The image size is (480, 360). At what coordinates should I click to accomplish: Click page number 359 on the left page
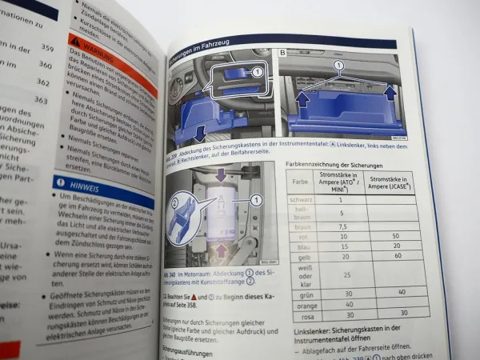[x=47, y=48]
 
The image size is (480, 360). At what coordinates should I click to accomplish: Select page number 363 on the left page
[x=41, y=101]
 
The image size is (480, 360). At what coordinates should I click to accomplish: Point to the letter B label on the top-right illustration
[x=283, y=54]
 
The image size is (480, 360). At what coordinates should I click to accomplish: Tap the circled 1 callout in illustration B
[x=338, y=64]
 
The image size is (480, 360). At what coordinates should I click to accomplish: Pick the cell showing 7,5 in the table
[x=342, y=226]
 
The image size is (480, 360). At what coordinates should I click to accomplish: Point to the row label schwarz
[x=300, y=198]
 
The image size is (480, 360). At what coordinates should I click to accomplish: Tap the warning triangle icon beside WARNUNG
[x=75, y=40]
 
